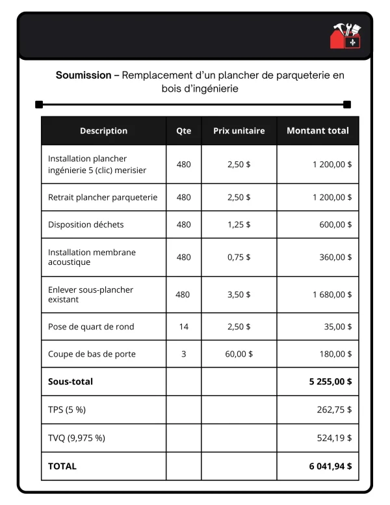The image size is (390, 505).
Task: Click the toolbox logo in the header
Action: point(346,36)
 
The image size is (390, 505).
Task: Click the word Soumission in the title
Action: point(83,75)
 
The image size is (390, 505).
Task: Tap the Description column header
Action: point(103,131)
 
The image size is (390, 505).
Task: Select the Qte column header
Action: point(184,131)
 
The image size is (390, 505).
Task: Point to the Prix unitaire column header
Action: point(239,131)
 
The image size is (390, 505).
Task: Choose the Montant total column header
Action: point(317,131)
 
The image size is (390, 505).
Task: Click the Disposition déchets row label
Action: point(86,225)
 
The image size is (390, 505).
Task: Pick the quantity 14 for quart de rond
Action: point(184,327)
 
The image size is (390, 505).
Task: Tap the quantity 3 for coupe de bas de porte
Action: point(184,354)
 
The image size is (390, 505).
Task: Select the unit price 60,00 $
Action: point(239,354)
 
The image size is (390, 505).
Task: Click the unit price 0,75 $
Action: point(239,257)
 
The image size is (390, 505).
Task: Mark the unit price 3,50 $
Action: point(239,294)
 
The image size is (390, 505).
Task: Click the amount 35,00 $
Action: point(335,327)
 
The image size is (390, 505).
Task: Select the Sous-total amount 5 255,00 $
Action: point(330,382)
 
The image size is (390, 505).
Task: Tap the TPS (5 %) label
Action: point(67,410)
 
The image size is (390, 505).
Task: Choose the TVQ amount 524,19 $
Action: point(334,438)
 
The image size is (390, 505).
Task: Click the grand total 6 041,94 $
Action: point(330,466)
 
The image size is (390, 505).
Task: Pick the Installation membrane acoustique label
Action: point(92,257)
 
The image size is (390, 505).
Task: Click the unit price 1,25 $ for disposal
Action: point(239,225)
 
